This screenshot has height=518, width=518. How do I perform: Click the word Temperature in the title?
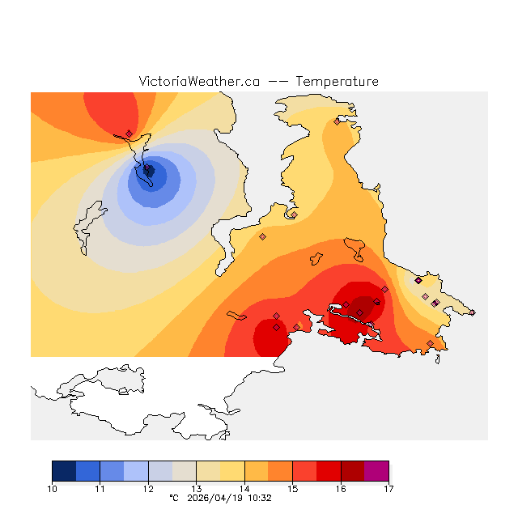click(x=337, y=82)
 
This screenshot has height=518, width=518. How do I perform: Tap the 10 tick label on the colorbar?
click(x=53, y=488)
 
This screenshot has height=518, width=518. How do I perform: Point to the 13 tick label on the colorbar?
click(x=196, y=488)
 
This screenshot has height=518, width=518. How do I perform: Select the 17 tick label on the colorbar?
click(x=388, y=488)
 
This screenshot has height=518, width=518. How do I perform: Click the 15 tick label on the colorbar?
click(x=292, y=488)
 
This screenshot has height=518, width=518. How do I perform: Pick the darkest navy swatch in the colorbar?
click(x=64, y=470)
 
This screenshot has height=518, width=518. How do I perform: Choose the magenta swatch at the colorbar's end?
click(x=376, y=470)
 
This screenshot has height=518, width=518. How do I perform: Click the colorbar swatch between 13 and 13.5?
click(x=208, y=470)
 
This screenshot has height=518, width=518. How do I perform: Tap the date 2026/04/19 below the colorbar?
click(x=214, y=499)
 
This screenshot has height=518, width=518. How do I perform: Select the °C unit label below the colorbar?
click(x=173, y=499)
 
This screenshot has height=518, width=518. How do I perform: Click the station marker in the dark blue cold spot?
click(x=148, y=170)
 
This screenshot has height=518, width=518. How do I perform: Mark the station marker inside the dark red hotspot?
click(x=360, y=312)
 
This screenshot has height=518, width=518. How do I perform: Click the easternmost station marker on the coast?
click(x=473, y=312)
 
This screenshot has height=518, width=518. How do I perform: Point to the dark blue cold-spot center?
click(x=150, y=172)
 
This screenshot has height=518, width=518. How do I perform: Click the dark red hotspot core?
click(x=364, y=306)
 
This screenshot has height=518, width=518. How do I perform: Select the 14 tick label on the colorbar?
click(x=244, y=488)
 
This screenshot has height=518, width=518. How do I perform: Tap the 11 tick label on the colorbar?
click(x=100, y=488)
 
